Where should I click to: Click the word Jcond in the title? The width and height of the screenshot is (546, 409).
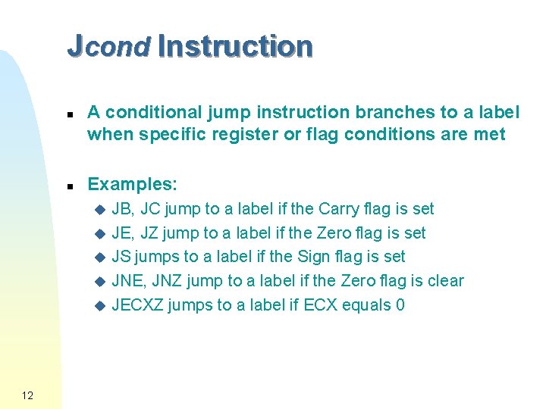click(108, 47)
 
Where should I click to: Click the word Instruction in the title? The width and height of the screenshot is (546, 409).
click(235, 47)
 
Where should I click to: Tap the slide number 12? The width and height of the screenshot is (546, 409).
click(27, 395)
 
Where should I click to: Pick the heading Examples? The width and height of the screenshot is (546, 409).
click(133, 184)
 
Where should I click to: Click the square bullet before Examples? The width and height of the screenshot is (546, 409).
click(69, 186)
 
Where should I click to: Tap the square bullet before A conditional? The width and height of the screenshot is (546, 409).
click(69, 114)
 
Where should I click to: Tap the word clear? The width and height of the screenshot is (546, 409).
click(445, 281)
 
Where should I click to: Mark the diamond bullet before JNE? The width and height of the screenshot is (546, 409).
click(97, 282)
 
